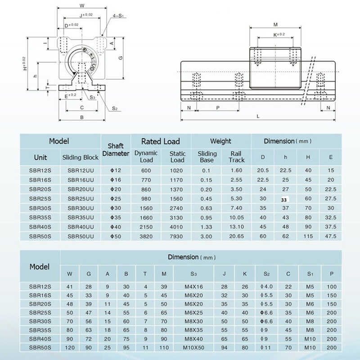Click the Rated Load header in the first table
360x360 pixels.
pos(161,141)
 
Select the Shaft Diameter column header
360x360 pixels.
pos(116,149)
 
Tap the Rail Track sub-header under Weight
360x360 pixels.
pos(236,157)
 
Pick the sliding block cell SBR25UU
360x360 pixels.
pos(81,198)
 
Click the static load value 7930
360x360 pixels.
pos(177,236)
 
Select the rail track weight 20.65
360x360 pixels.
pos(236,236)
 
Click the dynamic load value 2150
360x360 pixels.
pos(146,227)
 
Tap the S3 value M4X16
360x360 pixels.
pos(193,287)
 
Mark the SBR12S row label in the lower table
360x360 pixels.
pos(40,287)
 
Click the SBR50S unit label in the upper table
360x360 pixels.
pos(40,236)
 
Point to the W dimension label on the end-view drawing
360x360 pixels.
pos(81,6)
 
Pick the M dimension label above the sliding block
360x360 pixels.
pos(275,24)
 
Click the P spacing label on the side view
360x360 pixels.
pos(218,108)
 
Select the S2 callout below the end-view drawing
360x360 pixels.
pos(115,108)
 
